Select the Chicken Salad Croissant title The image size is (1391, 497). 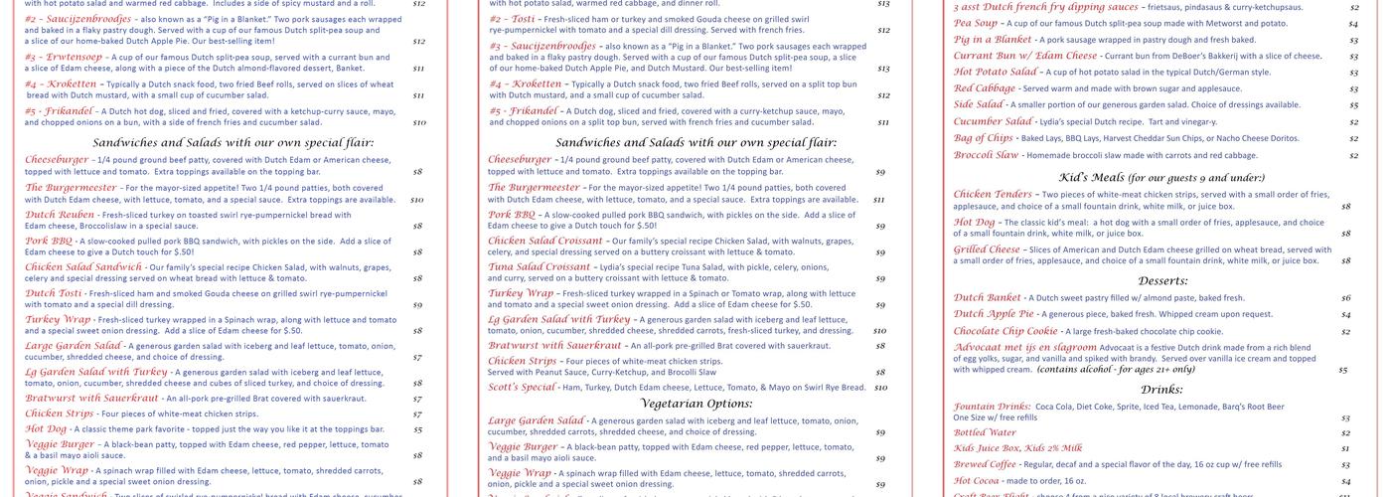point(545,241)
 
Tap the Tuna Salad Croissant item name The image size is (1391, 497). point(540,266)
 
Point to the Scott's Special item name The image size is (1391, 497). point(522,387)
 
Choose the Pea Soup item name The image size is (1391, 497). point(976,23)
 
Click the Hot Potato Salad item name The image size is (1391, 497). point(997,72)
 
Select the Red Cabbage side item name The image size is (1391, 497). point(985,88)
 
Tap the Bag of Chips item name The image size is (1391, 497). point(984,137)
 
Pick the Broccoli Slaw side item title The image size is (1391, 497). point(987,155)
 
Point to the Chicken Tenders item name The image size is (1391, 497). point(993,194)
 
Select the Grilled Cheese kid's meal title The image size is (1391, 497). point(987,249)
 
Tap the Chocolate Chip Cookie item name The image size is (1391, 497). point(1005,331)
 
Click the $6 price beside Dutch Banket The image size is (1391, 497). point(1345,298)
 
